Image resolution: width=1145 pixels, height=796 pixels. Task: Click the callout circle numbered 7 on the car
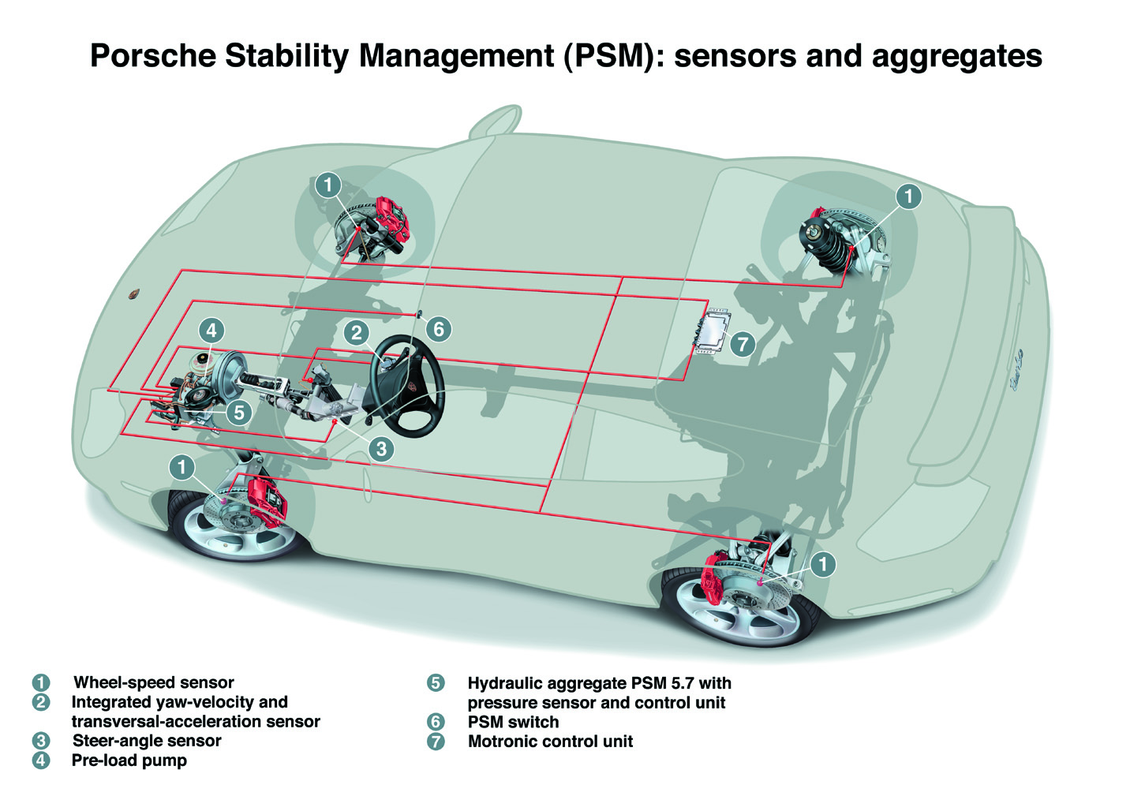[x=742, y=344]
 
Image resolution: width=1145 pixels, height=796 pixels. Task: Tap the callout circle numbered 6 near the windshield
[x=439, y=328]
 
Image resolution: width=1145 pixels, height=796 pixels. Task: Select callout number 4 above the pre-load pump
[x=211, y=331]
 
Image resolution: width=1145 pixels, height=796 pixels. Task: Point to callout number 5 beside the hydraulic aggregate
[x=238, y=411]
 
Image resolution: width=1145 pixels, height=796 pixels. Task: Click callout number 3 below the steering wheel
[x=381, y=449]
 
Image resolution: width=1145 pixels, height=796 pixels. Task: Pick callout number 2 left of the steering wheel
[x=357, y=332]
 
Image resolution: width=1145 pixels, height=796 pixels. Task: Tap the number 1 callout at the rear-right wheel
[x=908, y=196]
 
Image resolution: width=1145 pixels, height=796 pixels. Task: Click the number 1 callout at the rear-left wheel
[x=822, y=563]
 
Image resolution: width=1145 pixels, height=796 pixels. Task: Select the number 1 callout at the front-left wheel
[x=181, y=467]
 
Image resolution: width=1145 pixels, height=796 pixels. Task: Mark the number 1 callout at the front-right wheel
[x=327, y=185]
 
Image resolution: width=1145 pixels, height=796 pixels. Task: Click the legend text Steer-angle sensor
[x=147, y=741]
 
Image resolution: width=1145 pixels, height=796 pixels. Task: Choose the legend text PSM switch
[x=513, y=722]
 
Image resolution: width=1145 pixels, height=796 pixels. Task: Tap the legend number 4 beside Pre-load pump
[x=41, y=760]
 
